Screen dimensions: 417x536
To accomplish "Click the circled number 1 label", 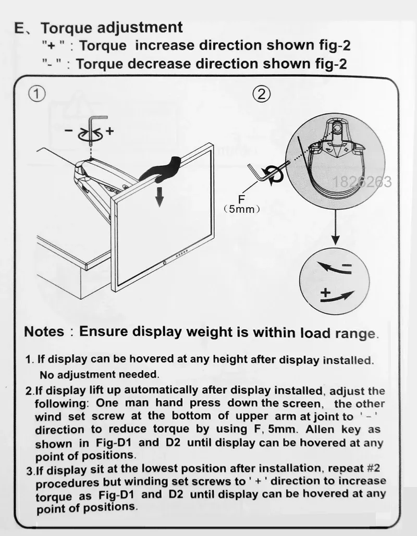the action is tap(36, 93).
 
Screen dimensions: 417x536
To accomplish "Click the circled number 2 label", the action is tap(262, 94).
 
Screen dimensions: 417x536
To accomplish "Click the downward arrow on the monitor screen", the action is tap(159, 196).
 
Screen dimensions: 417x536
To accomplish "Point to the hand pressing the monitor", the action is tap(161, 170).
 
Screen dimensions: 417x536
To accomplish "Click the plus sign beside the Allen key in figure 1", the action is tap(109, 130).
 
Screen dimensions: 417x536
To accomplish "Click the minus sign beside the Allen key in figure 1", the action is tap(69, 130).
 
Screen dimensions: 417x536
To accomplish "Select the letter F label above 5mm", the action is tap(241, 199).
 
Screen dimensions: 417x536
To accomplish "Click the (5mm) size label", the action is tap(242, 209).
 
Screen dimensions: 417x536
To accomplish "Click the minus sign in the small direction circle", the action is tap(347, 265).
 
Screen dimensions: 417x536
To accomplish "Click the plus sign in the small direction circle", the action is tap(325, 293).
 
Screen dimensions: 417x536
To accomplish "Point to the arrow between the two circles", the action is tap(335, 227).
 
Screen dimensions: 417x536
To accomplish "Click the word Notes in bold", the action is tap(44, 332).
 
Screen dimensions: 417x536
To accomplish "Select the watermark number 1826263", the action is tap(362, 182).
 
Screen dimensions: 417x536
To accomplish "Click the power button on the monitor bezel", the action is tap(165, 263).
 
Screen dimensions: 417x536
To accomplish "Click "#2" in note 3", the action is tap(373, 467).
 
